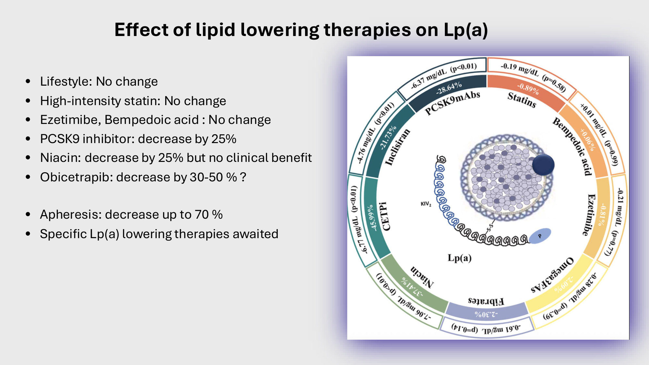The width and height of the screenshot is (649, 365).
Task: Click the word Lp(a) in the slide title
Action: point(466,30)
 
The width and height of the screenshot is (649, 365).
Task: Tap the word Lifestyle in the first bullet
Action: point(66,82)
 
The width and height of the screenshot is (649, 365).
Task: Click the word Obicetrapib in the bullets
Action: point(76,177)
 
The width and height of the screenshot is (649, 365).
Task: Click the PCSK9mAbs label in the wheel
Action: point(452,103)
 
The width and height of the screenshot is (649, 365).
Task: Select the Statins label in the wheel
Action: point(522,100)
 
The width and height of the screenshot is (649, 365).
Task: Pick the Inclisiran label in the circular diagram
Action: point(398,147)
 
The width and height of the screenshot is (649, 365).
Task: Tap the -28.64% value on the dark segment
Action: point(449,88)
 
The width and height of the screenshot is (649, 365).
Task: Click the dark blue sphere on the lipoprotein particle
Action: point(543,165)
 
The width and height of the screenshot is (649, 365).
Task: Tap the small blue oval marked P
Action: point(540,236)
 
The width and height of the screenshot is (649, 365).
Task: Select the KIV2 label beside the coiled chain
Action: point(426,204)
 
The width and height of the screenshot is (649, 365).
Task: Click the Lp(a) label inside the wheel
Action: point(459,258)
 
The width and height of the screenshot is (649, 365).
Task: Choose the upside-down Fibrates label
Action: point(486,301)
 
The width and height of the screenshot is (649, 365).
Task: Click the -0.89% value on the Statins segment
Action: point(528,89)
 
